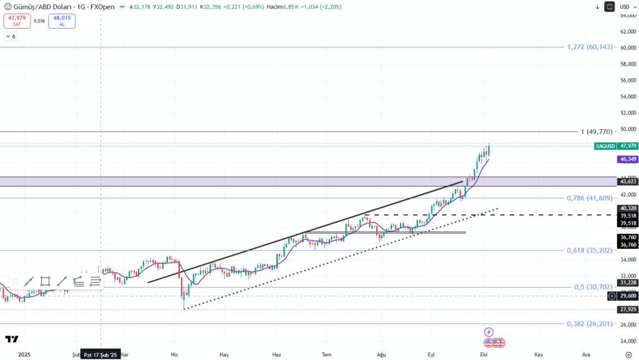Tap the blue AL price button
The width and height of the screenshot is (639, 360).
point(62,21)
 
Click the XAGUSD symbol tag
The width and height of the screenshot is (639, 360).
point(605,146)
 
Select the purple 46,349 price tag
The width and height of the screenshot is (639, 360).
point(627,160)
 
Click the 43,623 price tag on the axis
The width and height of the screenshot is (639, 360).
point(627,182)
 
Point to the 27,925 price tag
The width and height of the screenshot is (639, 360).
point(627,309)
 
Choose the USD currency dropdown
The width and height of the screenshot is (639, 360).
point(625,7)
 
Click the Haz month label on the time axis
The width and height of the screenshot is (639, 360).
point(276,354)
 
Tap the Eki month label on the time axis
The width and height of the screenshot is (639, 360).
point(484,354)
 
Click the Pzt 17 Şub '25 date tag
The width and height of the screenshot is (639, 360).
point(101,354)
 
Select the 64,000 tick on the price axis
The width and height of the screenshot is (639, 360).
point(627,15)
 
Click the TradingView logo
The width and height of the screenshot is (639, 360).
point(11,339)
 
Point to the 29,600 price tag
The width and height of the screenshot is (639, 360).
point(627,296)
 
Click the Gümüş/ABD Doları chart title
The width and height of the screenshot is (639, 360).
point(41,7)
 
